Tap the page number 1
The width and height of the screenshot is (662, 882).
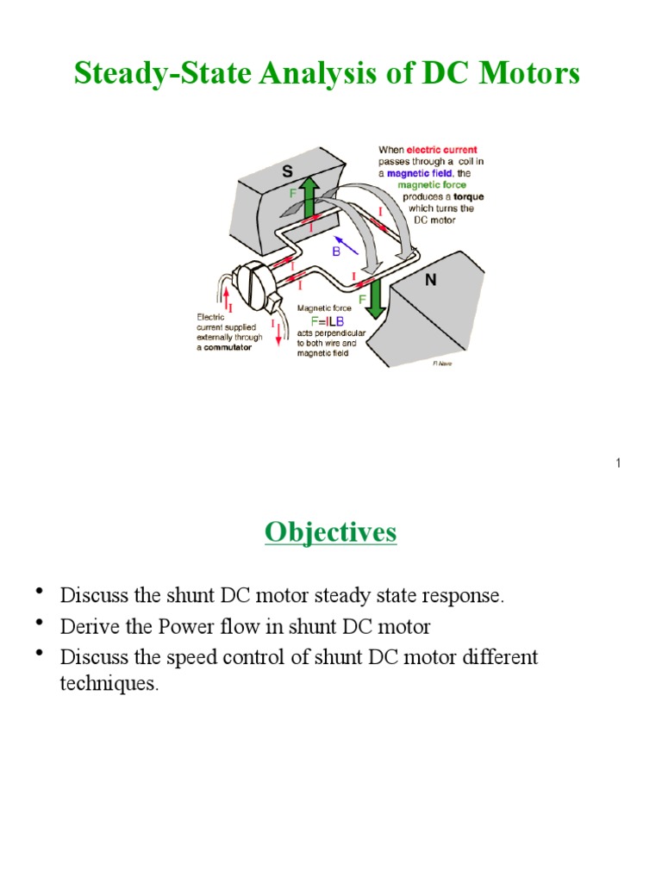coord(618,464)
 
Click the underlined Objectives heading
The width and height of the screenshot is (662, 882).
coord(330,532)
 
